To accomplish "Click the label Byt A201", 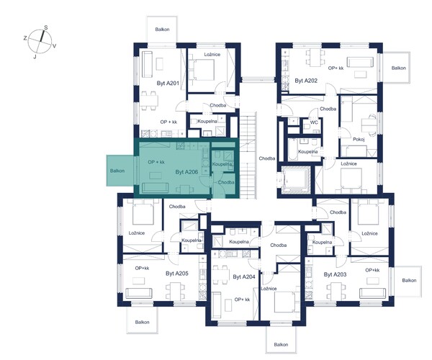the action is tap(168, 84).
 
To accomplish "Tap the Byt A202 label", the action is tap(306, 81).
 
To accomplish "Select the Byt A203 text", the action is tap(335, 274).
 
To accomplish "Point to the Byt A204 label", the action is tap(244, 276).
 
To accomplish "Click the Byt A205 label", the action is tap(177, 274).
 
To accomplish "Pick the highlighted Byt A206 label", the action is tap(186, 172).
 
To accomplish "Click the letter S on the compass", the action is tap(46, 27).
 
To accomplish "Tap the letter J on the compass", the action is tap(35, 57).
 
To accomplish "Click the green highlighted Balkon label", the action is tap(117, 171).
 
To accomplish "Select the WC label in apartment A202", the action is tap(314, 122).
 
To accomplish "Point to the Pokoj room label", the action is tap(359, 140).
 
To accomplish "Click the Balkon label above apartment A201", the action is tap(162, 30).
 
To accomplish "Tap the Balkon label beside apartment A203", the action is tap(409, 280).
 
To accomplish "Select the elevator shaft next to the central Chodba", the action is tap(296, 179).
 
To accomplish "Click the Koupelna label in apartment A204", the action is tap(239, 242).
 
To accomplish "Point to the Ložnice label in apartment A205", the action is tap(137, 233).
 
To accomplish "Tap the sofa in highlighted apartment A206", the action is tap(155, 187).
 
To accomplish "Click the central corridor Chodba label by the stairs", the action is tap(267, 158).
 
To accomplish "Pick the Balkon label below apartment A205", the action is tap(142, 322).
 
